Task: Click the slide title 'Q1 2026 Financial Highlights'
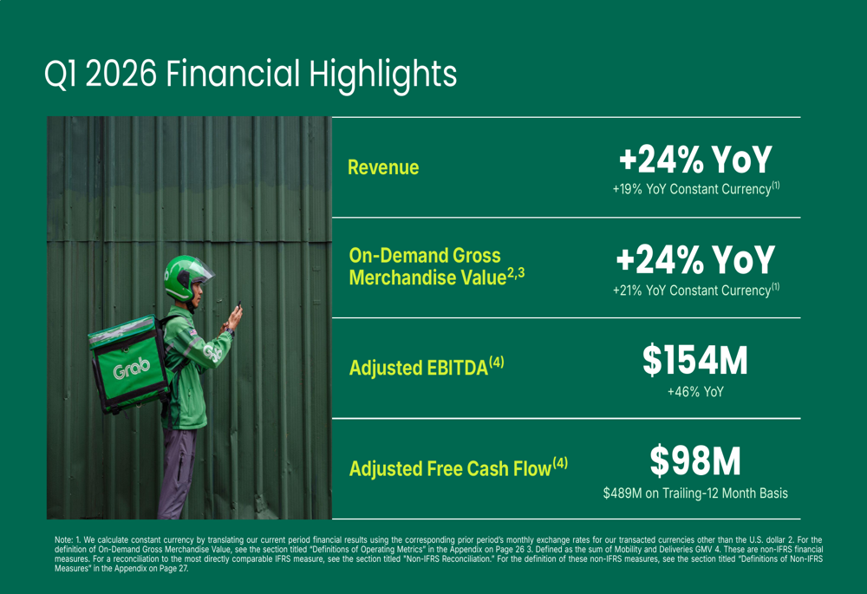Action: tap(251, 75)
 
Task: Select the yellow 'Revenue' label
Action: tap(383, 167)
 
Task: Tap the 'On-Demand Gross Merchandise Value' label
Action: tap(437, 266)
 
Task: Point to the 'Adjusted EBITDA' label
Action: tap(427, 368)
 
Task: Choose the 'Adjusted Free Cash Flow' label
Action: tap(459, 468)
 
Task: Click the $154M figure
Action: tap(695, 360)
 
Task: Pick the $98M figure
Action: tap(695, 460)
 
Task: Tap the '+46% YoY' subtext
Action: tap(695, 392)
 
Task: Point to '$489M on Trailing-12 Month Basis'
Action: tap(695, 493)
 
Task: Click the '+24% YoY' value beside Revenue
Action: tap(695, 160)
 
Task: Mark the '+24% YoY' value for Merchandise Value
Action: tap(695, 260)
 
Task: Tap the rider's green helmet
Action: tap(184, 277)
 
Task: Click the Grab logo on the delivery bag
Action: tap(132, 368)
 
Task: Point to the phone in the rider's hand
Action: tap(239, 306)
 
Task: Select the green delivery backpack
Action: tap(129, 364)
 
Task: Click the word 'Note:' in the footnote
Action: tap(63, 539)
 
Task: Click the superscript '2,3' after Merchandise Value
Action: tap(516, 272)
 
